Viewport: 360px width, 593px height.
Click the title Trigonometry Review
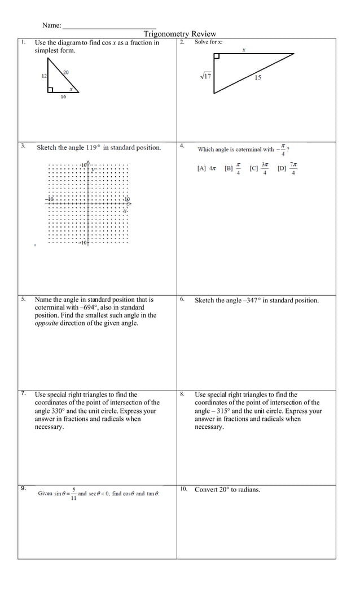pos(179,34)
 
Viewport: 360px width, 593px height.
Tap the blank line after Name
pos(109,26)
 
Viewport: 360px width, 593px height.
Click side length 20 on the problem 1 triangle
pos(66,72)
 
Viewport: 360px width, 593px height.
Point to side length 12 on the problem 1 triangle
pos(44,76)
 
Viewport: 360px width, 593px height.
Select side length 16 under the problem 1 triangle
pos(63,97)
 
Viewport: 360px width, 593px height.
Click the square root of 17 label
pos(205,76)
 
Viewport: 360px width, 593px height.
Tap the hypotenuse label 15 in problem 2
pos(257,78)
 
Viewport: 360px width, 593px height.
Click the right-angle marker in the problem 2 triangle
pos(217,56)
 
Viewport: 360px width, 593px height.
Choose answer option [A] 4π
pos(207,168)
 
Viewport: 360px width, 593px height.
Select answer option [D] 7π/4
pos(288,168)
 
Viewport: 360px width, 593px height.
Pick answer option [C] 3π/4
pos(260,168)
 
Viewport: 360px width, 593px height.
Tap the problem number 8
pos(182,394)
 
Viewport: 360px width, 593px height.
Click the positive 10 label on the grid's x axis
pos(126,199)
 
